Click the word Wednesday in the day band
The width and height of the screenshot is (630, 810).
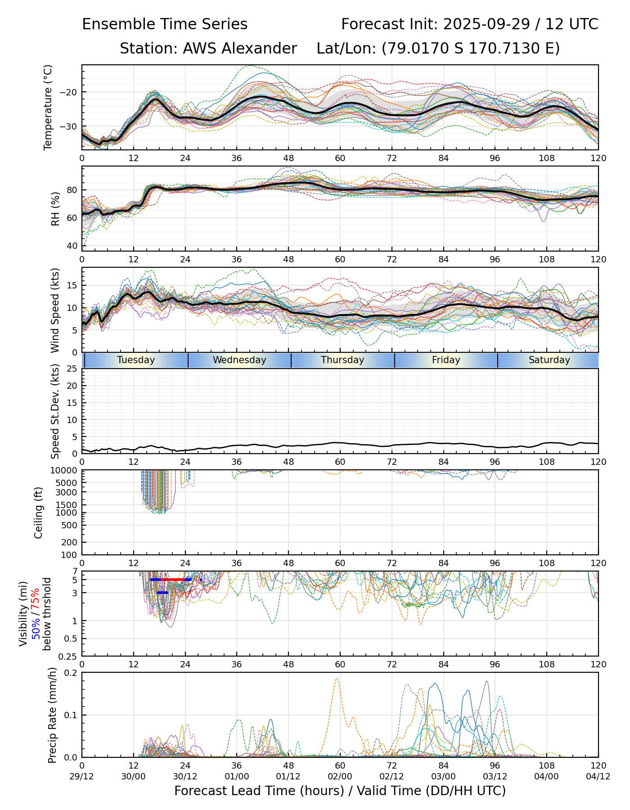239,360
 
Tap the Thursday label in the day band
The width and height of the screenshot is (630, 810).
342,360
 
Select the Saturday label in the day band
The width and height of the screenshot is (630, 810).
549,360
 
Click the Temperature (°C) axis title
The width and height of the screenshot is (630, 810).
48,107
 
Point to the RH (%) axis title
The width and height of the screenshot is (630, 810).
56,208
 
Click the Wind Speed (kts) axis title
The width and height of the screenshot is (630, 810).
55,310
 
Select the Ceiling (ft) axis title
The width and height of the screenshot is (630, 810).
39,513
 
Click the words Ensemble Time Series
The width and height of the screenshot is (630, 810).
165,24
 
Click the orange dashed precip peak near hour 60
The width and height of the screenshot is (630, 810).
337,679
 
